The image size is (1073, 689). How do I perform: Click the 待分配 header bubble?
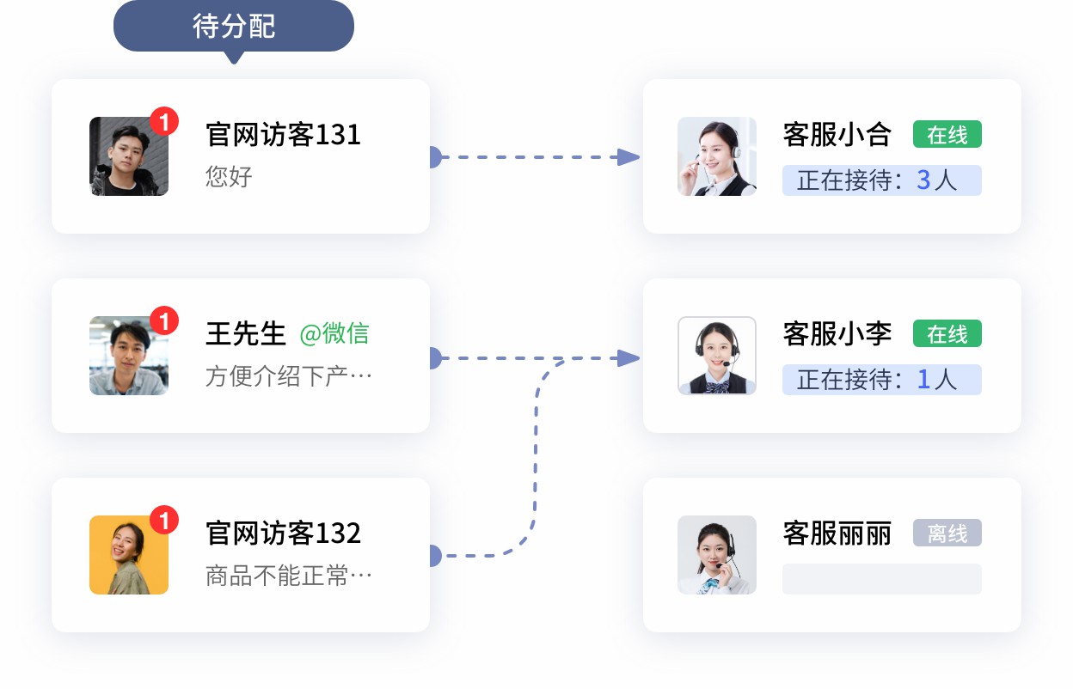pyautogui.click(x=233, y=27)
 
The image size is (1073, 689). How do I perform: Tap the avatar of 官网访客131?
pyautogui.click(x=129, y=156)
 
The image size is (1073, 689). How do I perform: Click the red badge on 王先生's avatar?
pyautogui.click(x=164, y=321)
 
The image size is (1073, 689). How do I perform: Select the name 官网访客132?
pyautogui.click(x=283, y=534)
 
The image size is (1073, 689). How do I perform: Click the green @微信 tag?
pyautogui.click(x=334, y=333)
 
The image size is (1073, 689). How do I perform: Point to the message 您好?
pyautogui.click(x=229, y=177)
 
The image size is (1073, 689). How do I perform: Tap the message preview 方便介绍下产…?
pyautogui.click(x=288, y=376)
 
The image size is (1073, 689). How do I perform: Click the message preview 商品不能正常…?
pyautogui.click(x=288, y=576)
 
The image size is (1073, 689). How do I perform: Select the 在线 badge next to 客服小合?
pyautogui.click(x=947, y=135)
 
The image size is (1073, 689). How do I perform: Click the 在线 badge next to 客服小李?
pyautogui.click(x=947, y=334)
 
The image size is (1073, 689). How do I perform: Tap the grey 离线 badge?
pyautogui.click(x=947, y=534)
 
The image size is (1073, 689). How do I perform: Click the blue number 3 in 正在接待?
pyautogui.click(x=923, y=180)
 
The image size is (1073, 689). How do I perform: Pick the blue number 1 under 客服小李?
pyautogui.click(x=923, y=379)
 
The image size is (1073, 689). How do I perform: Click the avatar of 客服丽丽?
pyautogui.click(x=717, y=555)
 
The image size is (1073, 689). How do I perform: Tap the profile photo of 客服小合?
pyautogui.click(x=717, y=156)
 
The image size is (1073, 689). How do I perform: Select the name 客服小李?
pyautogui.click(x=837, y=334)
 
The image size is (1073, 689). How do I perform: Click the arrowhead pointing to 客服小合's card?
pyautogui.click(x=629, y=157)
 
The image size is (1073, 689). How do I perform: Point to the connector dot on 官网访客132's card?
pyautogui.click(x=432, y=556)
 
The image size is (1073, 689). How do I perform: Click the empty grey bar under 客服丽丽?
pyautogui.click(x=881, y=579)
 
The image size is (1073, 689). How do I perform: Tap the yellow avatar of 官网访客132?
pyautogui.click(x=129, y=555)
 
